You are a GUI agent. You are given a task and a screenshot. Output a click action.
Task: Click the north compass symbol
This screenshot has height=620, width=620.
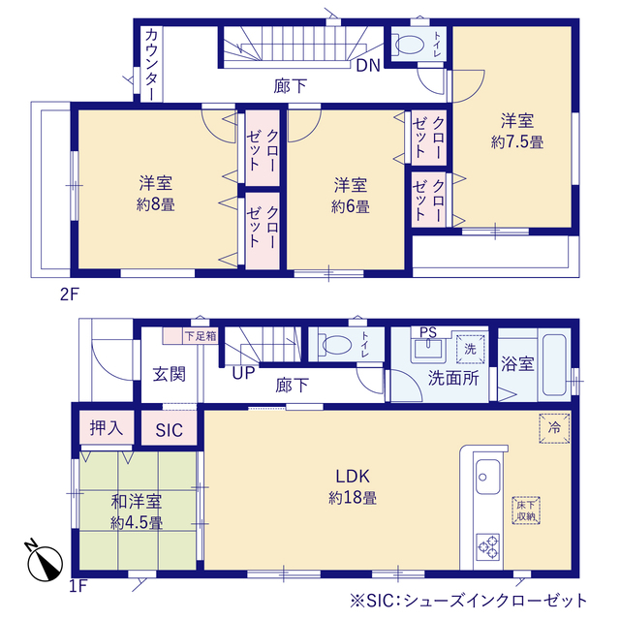point(45,562)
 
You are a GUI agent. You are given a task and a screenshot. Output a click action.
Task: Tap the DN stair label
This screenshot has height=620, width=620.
point(368,66)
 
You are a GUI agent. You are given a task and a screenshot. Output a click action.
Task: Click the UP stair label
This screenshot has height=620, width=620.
point(243,373)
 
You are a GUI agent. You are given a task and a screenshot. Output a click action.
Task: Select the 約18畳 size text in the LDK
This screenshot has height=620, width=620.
point(353,497)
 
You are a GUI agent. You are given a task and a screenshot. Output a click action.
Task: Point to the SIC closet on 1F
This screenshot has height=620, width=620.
point(169,430)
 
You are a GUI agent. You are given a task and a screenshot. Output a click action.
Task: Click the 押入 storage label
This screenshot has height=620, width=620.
point(107,427)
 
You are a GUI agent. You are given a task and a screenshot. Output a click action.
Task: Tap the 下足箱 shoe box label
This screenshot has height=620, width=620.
point(201,336)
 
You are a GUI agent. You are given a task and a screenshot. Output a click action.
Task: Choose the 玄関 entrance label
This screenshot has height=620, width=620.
point(170,374)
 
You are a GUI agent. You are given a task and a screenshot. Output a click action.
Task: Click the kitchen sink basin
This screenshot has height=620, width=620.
point(487,477)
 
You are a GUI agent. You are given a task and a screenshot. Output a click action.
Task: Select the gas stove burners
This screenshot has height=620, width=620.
point(488,546)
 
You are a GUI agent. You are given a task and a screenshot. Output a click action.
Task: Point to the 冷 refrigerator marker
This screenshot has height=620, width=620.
point(554,428)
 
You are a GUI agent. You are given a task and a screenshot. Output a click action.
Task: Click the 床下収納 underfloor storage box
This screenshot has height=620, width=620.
point(526,511)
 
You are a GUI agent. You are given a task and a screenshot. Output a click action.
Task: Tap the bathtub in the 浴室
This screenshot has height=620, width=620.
point(554,365)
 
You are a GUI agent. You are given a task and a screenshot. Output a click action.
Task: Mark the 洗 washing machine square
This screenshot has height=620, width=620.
point(470,349)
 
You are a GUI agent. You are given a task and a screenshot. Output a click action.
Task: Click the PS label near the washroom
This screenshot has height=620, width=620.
point(428,332)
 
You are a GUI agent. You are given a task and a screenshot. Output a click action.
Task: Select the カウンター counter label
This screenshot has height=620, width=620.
point(151,65)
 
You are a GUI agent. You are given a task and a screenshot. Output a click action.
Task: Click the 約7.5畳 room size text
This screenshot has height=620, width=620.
point(517,141)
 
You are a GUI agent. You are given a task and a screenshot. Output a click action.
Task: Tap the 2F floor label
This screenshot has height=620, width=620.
point(70,294)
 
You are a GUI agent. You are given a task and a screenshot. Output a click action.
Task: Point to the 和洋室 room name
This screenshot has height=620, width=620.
point(137,502)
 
